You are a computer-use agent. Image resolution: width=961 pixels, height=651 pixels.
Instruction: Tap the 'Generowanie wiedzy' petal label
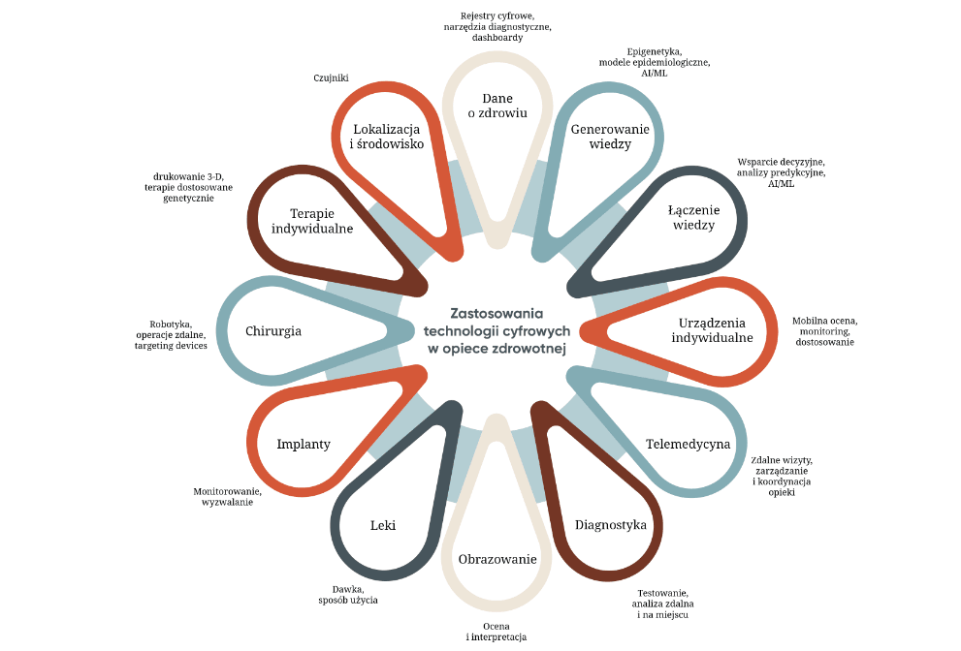click(610, 137)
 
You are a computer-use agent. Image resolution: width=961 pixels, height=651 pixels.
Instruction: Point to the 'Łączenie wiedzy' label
click(691, 217)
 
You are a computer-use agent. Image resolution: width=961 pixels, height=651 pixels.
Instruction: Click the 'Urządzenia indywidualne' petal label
click(712, 330)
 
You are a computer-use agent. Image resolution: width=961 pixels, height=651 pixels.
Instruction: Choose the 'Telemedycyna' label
click(688, 444)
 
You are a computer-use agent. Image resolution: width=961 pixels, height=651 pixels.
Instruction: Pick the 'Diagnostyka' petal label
click(610, 525)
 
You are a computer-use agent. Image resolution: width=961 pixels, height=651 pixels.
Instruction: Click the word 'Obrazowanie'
click(497, 559)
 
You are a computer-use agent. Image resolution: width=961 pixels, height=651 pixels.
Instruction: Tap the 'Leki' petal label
click(383, 525)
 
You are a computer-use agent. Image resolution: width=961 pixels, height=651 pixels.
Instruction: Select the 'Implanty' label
click(304, 444)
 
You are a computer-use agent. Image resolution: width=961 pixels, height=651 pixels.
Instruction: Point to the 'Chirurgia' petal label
click(273, 330)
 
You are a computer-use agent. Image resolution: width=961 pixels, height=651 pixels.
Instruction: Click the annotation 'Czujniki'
click(331, 77)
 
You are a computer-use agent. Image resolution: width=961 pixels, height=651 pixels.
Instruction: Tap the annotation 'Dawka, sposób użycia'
click(348, 595)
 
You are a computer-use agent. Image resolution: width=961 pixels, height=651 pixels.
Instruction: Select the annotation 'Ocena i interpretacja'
click(496, 632)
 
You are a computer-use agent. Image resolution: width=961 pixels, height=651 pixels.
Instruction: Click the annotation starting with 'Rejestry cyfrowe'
click(497, 27)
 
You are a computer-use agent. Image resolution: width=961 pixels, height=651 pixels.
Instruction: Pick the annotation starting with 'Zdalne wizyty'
click(782, 476)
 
